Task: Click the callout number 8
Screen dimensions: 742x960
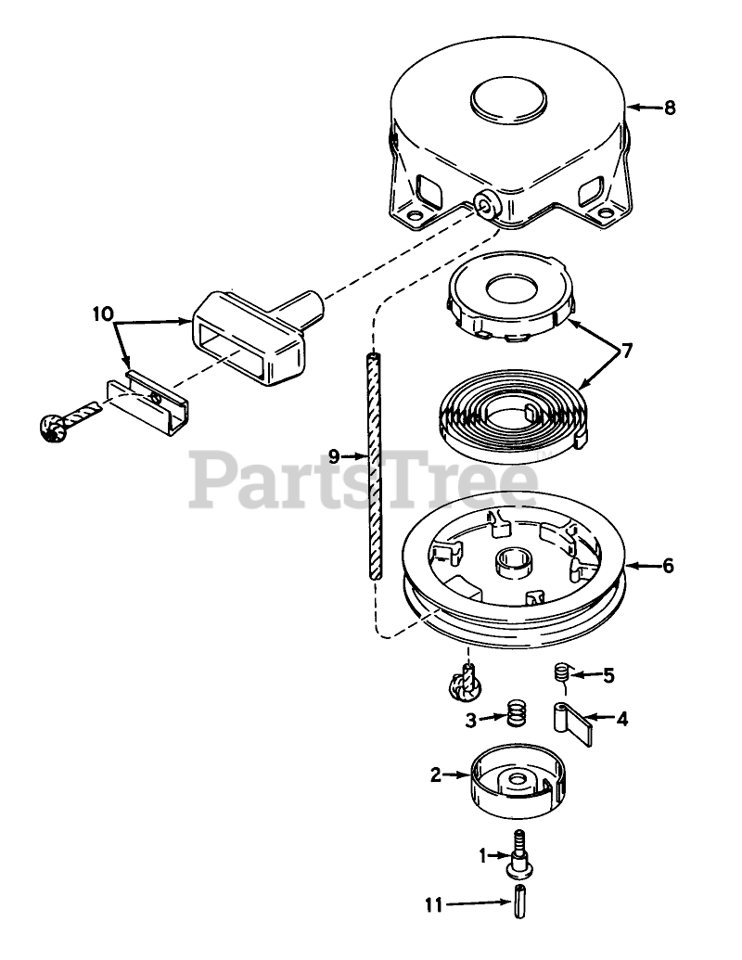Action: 669,109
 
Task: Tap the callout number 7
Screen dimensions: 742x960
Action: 627,352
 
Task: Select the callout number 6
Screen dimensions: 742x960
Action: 668,565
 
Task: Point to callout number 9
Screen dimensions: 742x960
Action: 335,456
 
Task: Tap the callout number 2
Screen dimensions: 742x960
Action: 436,775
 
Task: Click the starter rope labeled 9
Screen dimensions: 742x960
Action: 376,464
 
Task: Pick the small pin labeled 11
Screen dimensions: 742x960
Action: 520,900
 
